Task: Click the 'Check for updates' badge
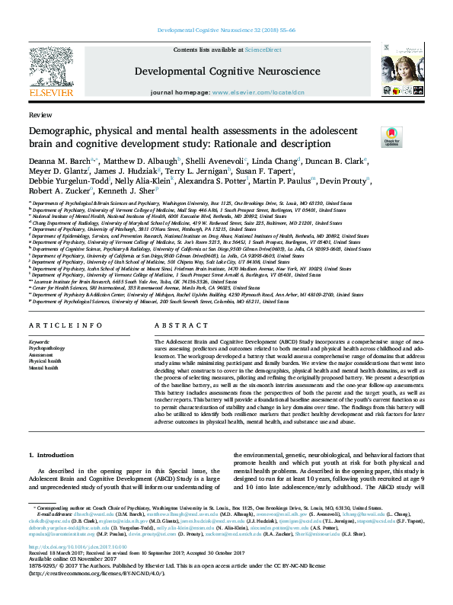[391, 137]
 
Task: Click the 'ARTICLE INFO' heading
[56, 325]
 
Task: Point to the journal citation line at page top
[226, 30]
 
